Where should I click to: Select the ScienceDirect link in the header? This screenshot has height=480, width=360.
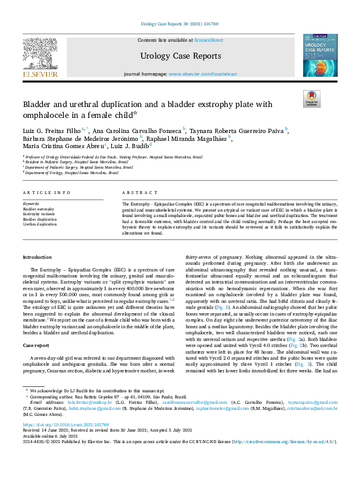[209, 40]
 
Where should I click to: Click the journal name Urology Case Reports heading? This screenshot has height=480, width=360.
[180, 56]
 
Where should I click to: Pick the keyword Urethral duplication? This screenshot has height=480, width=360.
[40, 224]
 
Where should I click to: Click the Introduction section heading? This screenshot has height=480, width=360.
[37, 258]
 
